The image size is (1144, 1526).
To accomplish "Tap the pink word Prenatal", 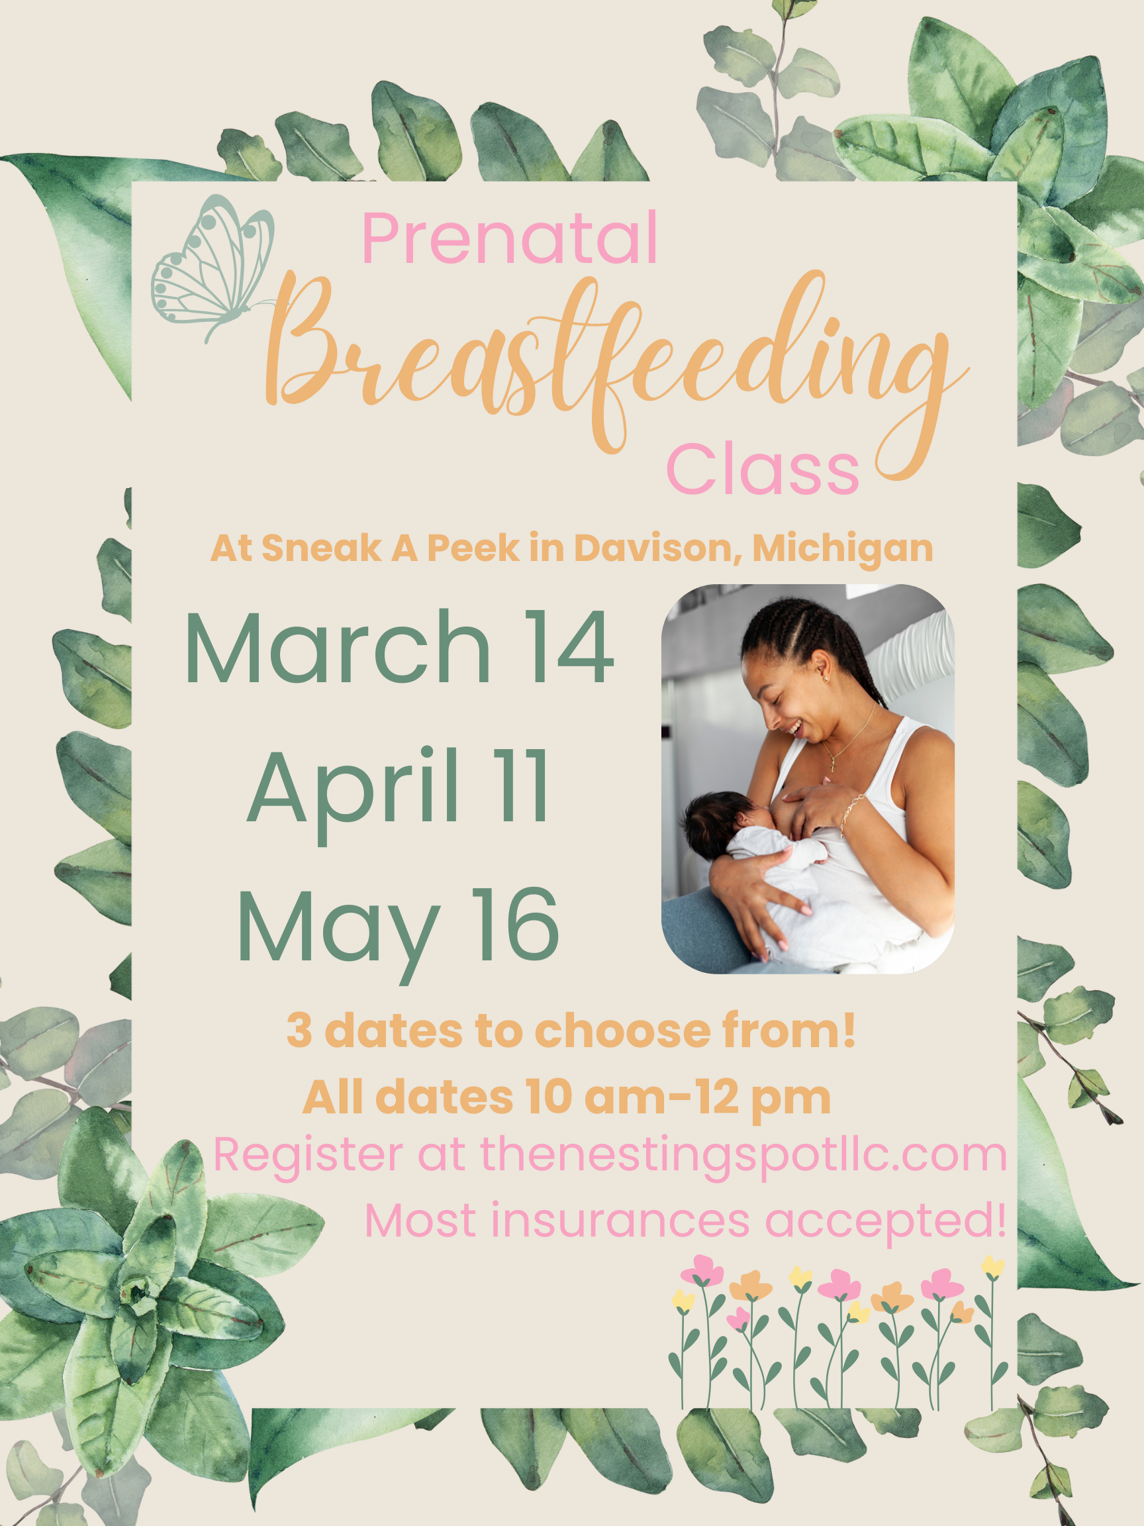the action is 509,238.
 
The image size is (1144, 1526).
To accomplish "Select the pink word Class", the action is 763,469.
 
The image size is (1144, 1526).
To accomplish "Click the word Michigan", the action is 843,550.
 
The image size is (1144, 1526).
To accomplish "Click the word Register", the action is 308,1156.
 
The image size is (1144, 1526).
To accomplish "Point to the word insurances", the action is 620,1221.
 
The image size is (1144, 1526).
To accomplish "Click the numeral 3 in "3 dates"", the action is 299,1032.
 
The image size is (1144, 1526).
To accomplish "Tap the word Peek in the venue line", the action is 473,548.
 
